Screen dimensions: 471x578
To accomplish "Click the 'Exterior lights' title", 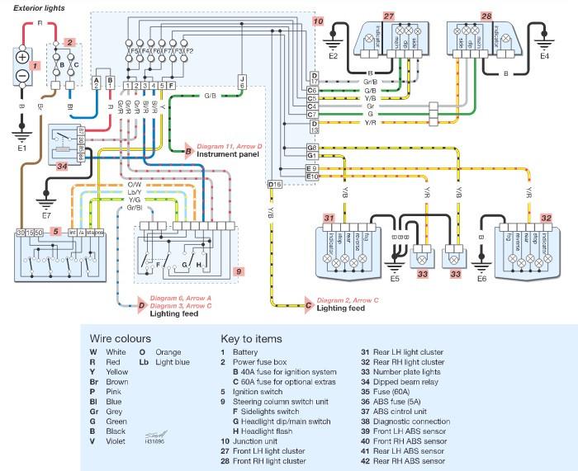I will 40,7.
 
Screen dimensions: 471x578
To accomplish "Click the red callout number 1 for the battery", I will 35,64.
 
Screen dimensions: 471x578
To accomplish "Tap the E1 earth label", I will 22,148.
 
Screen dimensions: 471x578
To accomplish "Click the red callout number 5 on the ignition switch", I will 55,233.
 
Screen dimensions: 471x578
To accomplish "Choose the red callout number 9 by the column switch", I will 239,271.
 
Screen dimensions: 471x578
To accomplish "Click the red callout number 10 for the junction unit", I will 319,21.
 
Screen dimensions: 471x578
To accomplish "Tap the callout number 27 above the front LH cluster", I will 389,16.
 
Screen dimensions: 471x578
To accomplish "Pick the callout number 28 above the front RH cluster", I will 486,16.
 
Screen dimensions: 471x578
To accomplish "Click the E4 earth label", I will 544,57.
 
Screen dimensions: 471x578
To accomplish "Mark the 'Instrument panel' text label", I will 228,155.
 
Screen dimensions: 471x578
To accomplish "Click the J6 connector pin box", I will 242,81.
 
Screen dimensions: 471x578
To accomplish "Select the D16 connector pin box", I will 274,184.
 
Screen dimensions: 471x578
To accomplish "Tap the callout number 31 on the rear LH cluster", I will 329,219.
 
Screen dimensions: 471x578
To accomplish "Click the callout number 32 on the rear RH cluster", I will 546,219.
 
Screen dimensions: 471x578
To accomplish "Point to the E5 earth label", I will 395,279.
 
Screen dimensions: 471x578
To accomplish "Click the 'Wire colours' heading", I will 121,338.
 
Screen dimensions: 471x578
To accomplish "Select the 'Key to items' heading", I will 251,338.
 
